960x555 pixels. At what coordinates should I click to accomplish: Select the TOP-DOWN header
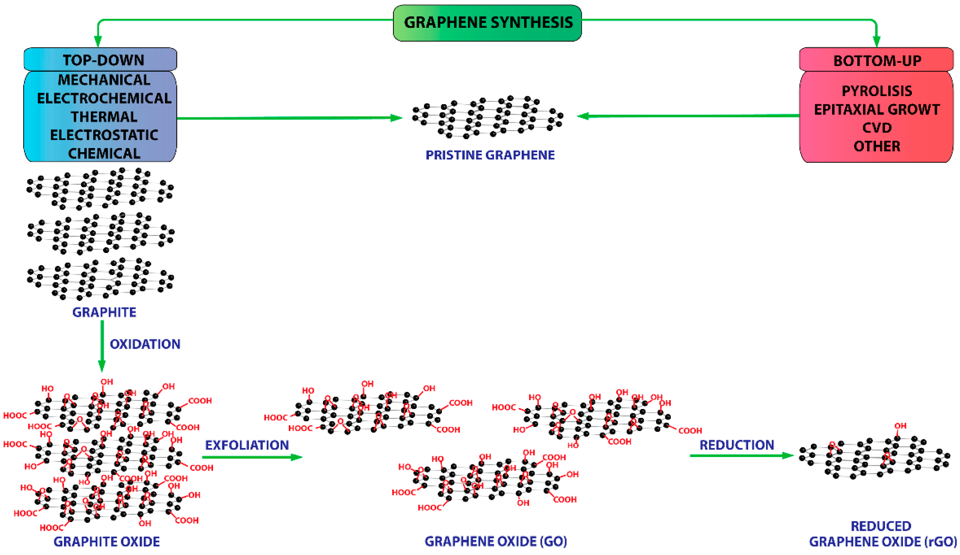[x=103, y=60]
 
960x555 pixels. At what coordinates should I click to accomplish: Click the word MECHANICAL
[x=104, y=80]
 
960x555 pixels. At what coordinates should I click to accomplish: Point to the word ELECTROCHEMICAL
[x=104, y=98]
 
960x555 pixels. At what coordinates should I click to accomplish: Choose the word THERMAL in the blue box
[x=104, y=116]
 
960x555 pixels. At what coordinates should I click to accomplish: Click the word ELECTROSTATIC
[x=104, y=135]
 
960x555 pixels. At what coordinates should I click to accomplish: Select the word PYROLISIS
[x=877, y=91]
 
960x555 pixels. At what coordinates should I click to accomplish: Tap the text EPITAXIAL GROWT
[x=877, y=110]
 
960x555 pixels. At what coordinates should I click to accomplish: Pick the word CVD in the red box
[x=877, y=127]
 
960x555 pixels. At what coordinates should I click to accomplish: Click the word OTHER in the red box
[x=877, y=146]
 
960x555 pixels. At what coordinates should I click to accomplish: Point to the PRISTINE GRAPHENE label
[x=490, y=155]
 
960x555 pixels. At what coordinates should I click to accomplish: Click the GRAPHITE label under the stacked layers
[x=104, y=312]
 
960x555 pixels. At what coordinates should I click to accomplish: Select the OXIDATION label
[x=145, y=344]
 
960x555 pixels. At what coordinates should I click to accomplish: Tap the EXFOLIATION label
[x=247, y=445]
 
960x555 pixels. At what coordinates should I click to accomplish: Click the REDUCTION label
[x=737, y=445]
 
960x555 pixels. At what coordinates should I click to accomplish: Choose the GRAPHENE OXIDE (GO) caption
[x=496, y=541]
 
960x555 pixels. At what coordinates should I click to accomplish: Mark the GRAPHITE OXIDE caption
[x=107, y=541]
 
